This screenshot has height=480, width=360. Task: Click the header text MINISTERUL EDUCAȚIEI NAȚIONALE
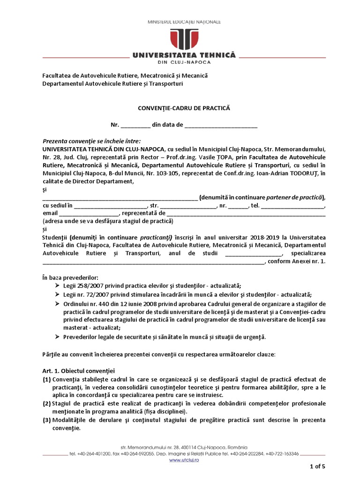[184, 22]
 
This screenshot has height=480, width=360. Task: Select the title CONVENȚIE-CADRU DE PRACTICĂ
[184, 108]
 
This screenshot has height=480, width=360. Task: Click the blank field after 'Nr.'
[135, 126]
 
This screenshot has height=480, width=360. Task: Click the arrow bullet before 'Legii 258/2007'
[57, 286]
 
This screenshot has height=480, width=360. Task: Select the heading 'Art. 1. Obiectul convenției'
[75, 370]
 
